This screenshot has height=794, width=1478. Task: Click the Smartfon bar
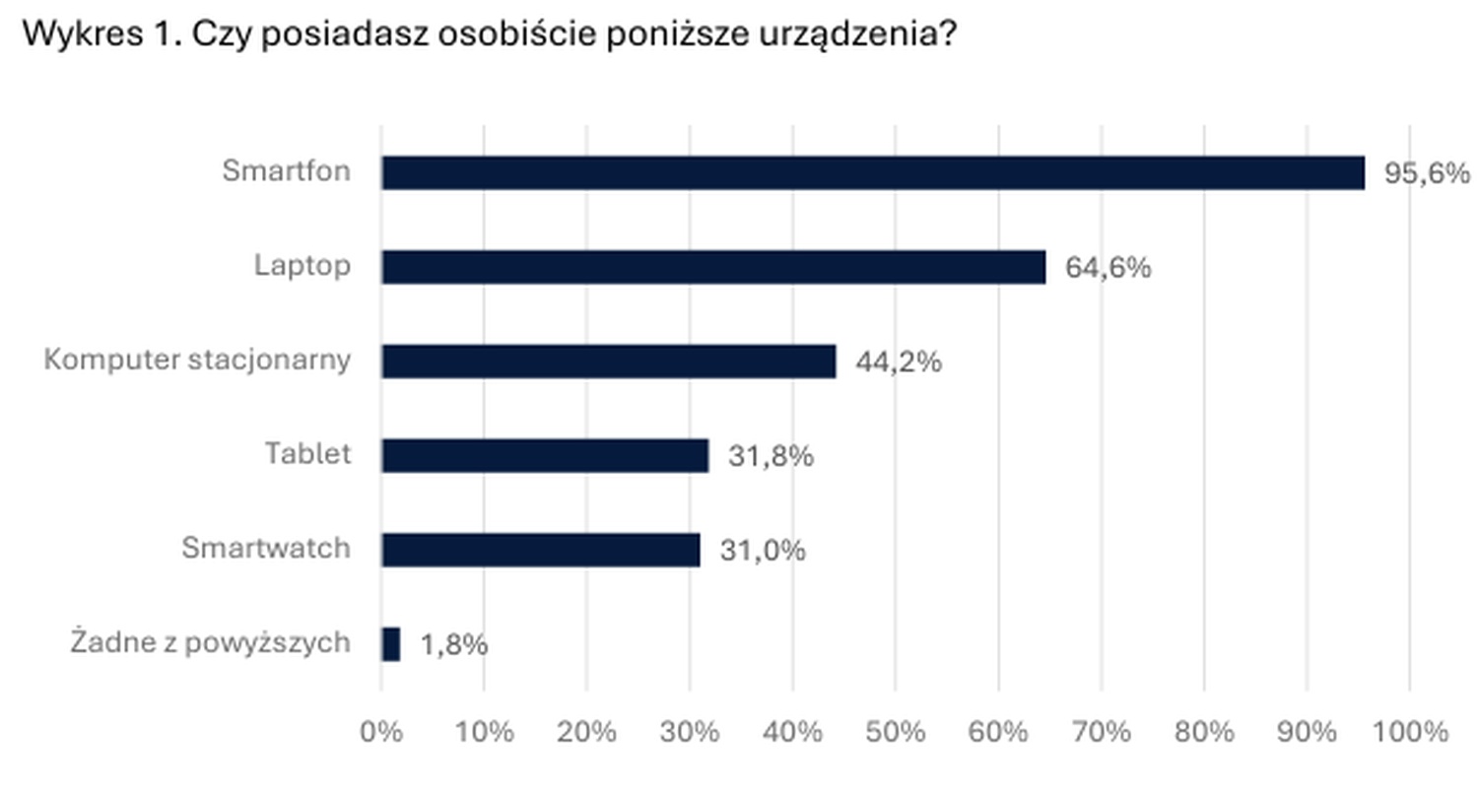coord(873,172)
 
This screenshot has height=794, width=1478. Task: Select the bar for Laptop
coord(713,267)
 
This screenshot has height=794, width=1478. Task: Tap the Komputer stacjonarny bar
coord(609,362)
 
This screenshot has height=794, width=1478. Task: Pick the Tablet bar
coord(545,455)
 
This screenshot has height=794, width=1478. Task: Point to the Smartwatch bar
coord(541,550)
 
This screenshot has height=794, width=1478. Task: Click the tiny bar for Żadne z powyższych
coord(391,644)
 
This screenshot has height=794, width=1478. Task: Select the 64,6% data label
coord(1108,268)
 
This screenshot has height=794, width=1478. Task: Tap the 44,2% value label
coord(898,363)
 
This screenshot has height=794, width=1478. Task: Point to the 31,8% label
coord(771,456)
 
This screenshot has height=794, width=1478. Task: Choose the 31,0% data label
coord(763,551)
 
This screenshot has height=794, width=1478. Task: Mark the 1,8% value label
coord(453,645)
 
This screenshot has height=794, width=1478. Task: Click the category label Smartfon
coord(286,171)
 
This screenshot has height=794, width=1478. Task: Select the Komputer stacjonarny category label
coord(197,361)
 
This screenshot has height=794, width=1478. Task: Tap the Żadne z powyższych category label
coord(210,643)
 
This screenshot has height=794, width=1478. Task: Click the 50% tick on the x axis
coord(896,732)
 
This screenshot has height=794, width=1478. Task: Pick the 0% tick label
coord(382,732)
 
